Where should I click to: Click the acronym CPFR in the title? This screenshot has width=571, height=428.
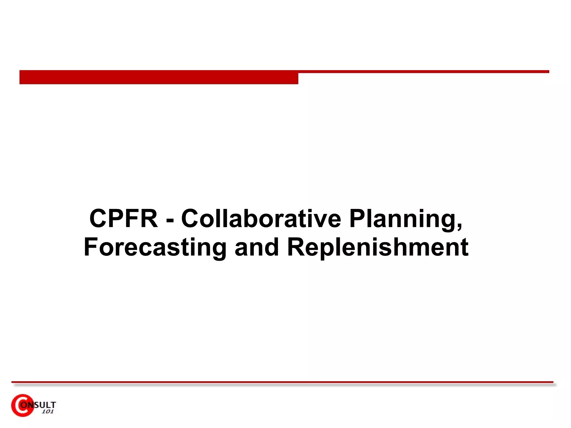tap(124, 219)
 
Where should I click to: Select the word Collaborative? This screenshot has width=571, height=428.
tap(261, 219)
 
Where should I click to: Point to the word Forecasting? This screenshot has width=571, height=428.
tap(155, 247)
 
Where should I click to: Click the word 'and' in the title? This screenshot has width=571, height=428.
tap(257, 247)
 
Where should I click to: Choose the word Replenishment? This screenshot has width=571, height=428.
tap(378, 247)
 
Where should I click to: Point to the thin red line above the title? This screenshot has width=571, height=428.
tap(424, 72)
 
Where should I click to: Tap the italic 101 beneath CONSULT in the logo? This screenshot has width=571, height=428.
tap(47, 412)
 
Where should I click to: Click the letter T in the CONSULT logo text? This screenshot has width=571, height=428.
tap(53, 405)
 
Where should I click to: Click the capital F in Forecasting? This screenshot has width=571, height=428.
tap(91, 247)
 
